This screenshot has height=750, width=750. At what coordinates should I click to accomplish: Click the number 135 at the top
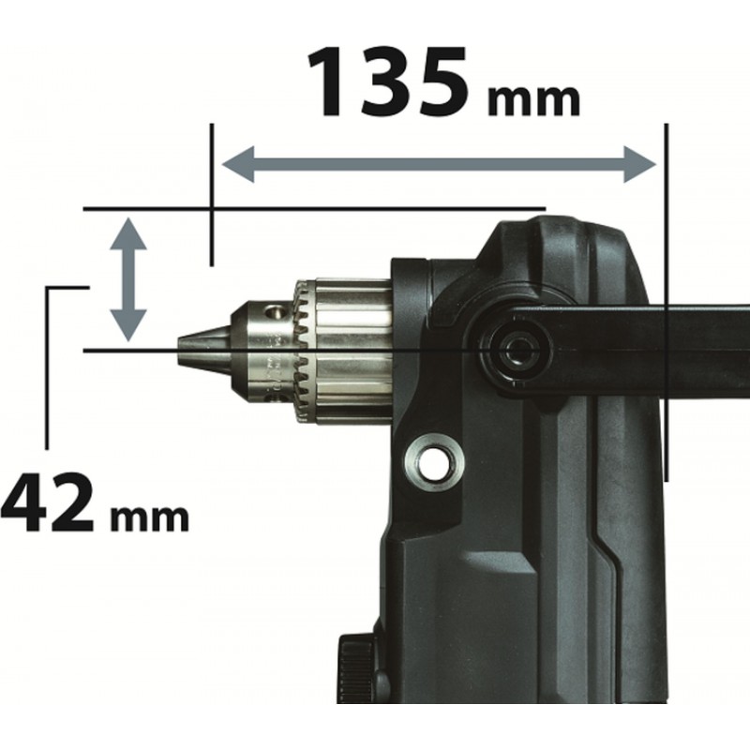(x=387, y=82)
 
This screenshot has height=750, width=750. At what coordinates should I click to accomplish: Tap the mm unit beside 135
(x=533, y=100)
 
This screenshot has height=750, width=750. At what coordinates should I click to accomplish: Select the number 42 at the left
(x=47, y=502)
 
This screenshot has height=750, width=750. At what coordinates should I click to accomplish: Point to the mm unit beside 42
(x=149, y=518)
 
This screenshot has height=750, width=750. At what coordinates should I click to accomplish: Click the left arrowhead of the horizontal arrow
(x=238, y=165)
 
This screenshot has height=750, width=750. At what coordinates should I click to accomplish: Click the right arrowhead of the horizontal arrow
(x=640, y=165)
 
